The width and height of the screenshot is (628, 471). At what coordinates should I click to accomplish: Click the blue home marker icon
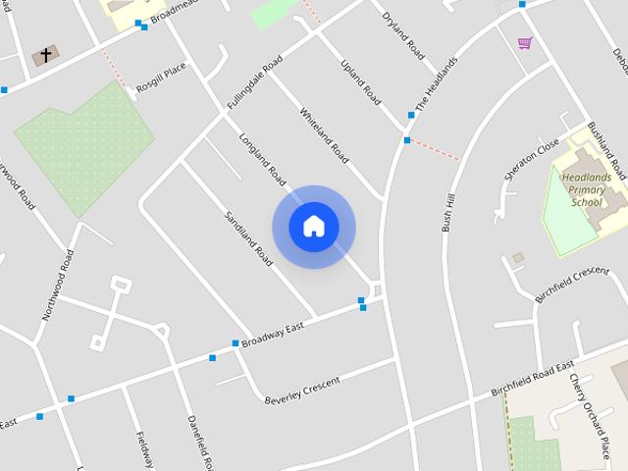[x=314, y=227]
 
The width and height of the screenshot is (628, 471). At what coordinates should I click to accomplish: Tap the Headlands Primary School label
[x=587, y=189]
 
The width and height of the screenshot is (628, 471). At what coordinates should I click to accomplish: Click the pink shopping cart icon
[x=525, y=42]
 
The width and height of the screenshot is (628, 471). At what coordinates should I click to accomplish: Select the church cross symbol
[x=45, y=55]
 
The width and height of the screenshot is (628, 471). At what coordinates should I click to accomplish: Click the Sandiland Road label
[x=247, y=238]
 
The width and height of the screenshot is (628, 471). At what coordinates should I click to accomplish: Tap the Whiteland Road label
[x=325, y=134]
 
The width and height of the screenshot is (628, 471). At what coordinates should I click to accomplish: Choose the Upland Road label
[x=360, y=81]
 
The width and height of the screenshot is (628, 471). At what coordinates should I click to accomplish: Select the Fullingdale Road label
[x=254, y=81]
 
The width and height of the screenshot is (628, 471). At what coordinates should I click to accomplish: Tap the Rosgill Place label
[x=161, y=78]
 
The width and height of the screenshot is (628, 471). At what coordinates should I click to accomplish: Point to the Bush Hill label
[x=448, y=209]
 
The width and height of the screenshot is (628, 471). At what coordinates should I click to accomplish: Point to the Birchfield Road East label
[x=532, y=380]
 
